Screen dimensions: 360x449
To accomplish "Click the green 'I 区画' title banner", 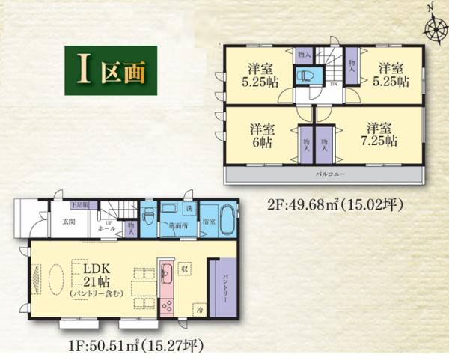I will (x=109, y=70).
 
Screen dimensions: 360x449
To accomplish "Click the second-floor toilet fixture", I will (x=306, y=76).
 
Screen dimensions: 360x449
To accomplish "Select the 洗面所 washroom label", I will (x=178, y=224).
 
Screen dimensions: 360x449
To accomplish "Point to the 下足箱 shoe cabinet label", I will (x=79, y=204).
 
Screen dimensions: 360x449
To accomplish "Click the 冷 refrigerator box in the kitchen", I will (x=200, y=308).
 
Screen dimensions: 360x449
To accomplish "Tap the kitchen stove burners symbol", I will (x=167, y=304).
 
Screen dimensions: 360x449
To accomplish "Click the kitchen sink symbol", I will (x=166, y=270).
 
